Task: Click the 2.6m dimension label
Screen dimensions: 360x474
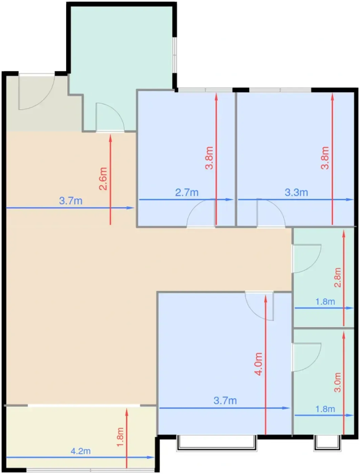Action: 103,178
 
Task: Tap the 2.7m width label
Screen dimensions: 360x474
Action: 187,192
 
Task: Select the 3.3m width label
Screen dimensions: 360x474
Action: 296,192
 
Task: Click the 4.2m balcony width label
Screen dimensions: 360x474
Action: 81,451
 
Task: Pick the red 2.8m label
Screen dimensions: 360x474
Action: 337,278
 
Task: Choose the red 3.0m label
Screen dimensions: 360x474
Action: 337,382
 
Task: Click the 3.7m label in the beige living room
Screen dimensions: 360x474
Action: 71,201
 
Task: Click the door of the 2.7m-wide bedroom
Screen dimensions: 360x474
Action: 201,213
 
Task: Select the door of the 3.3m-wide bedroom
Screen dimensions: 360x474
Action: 271,213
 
